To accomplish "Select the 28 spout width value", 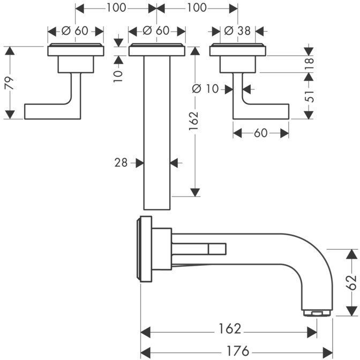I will point(121,162).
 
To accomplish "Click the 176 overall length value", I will point(237,351).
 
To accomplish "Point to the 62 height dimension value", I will point(351,282).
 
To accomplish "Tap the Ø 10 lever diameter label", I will point(206,89).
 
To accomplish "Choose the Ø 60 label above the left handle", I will point(76,31).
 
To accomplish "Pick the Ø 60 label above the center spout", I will point(157,31).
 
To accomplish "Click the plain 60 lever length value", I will point(260,133).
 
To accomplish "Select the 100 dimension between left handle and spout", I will point(116,7).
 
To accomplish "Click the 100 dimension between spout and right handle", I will point(197,7).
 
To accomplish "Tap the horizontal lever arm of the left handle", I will point(48,111).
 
